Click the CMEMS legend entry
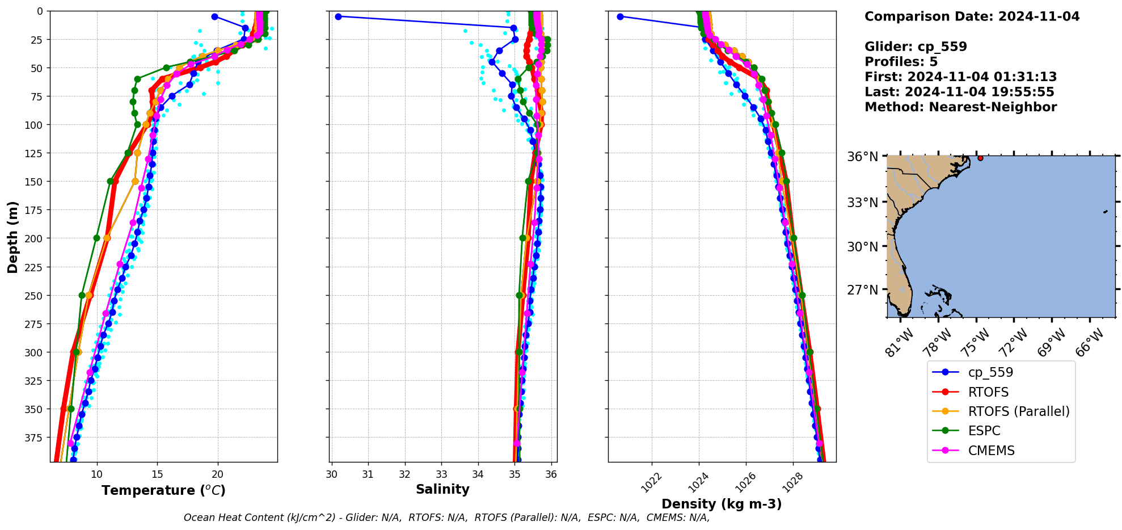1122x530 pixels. point(991,451)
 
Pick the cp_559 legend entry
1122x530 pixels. point(990,372)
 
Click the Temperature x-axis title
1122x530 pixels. point(163,490)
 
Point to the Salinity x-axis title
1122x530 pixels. point(442,489)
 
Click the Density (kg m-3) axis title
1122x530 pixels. point(722,504)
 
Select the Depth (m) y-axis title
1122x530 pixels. point(12,237)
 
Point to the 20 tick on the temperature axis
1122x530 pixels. point(218,474)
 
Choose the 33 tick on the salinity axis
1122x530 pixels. point(441,474)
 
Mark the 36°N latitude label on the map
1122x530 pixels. point(862,157)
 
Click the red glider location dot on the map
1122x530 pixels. point(980,158)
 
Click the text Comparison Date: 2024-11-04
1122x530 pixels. point(972,16)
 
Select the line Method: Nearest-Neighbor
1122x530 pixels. point(960,107)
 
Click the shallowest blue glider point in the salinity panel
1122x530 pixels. point(338,16)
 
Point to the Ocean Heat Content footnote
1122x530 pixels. point(446,518)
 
